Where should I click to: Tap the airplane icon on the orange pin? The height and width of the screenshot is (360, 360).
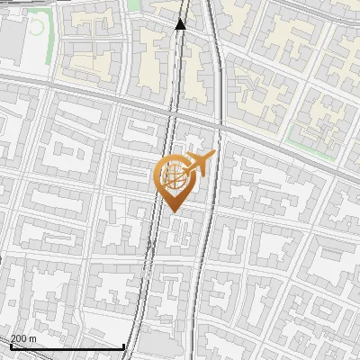pos(195,164)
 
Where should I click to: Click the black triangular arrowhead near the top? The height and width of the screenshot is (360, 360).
pos(181,24)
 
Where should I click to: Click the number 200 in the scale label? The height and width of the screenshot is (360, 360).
pos(19,339)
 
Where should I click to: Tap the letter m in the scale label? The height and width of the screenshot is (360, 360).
pos(33,339)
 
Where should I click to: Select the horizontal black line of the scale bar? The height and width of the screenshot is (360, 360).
pos(67,347)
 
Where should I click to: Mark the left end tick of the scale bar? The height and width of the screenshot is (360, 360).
pos(11,346)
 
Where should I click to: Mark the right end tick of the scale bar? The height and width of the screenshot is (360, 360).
pos(124,346)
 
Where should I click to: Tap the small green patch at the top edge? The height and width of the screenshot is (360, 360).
pos(134,4)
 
